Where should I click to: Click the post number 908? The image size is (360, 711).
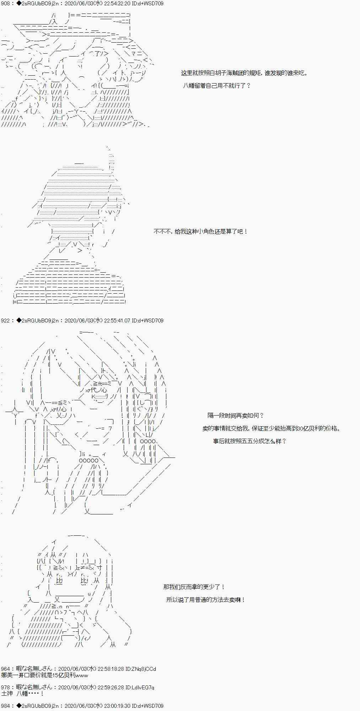pyautogui.click(x=5, y=3)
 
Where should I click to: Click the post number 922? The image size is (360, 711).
pyautogui.click(x=5, y=320)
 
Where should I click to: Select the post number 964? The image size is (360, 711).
pyautogui.click(x=5, y=669)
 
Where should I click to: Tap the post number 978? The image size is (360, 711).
pyautogui.click(x=5, y=688)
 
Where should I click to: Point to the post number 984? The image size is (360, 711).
pyautogui.click(x=5, y=706)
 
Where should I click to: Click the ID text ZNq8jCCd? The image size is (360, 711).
pyautogui.click(x=144, y=669)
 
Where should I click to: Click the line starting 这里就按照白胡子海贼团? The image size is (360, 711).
pyautogui.click(x=244, y=73)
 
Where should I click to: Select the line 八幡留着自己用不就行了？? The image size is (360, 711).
pyautogui.click(x=217, y=86)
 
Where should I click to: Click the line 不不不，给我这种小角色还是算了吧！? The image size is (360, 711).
pyautogui.click(x=200, y=231)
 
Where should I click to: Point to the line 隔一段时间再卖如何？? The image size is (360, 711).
pyautogui.click(x=236, y=415)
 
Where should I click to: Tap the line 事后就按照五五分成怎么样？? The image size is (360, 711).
pyautogui.click(x=249, y=441)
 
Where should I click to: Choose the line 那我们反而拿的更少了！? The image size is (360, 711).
pyautogui.click(x=194, y=587)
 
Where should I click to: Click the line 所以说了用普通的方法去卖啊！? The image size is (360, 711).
pyautogui.click(x=205, y=600)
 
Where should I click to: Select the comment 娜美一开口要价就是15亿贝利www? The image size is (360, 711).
pyautogui.click(x=45, y=675)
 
